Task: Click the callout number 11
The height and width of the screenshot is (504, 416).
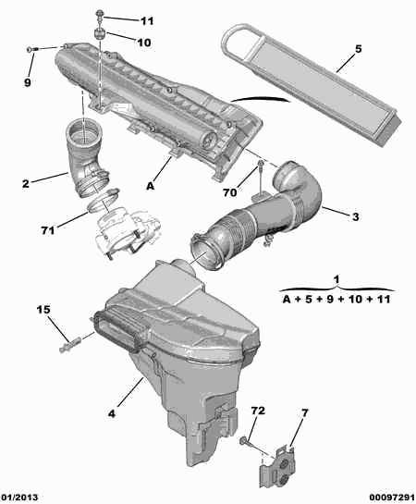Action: click(147, 21)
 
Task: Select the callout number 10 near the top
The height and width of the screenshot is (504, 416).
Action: click(143, 43)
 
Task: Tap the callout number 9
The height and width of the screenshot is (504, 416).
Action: click(28, 82)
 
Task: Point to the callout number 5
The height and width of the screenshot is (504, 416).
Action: click(358, 49)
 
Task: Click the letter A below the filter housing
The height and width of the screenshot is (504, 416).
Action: click(151, 186)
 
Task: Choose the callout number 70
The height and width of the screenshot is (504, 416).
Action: click(230, 192)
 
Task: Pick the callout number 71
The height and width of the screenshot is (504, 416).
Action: click(47, 230)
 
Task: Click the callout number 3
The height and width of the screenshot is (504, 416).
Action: click(355, 216)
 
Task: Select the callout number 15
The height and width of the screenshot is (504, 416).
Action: click(43, 310)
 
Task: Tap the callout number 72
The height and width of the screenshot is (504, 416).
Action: click(258, 411)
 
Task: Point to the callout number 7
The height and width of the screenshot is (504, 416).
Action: click(304, 412)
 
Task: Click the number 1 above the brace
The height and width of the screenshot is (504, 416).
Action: click(336, 279)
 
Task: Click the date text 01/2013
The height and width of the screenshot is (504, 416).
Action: click(19, 498)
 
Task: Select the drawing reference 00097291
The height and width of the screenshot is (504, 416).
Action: click(392, 498)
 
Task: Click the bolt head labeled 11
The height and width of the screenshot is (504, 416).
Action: click(100, 14)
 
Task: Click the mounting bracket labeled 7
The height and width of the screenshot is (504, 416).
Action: click(278, 463)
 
